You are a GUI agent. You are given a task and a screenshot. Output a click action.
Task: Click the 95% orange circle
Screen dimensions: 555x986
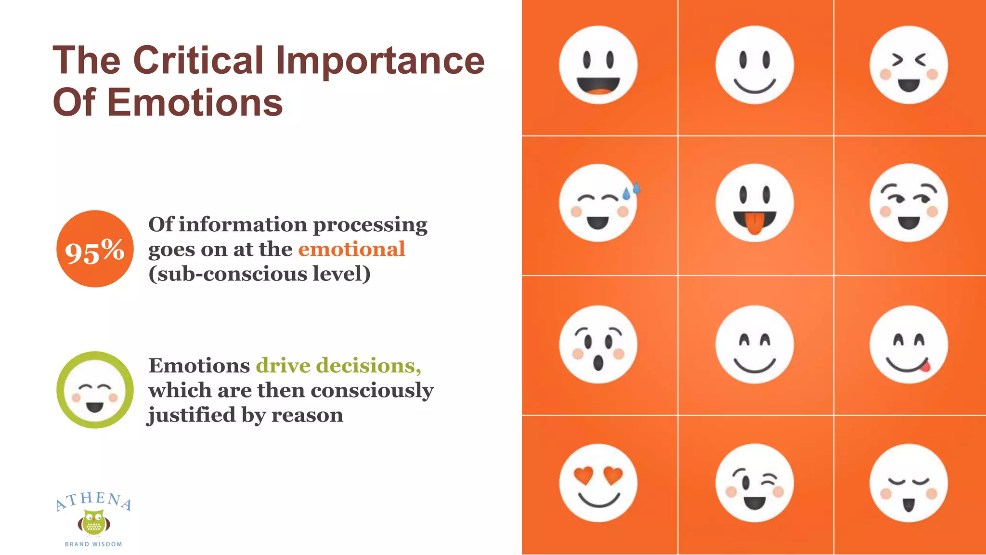click(95, 249)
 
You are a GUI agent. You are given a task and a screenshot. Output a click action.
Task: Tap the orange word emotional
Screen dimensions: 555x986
click(351, 250)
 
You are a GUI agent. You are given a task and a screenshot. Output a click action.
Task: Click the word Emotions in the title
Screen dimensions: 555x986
click(195, 103)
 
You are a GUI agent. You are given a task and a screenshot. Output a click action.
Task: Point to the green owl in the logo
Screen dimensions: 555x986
click(94, 523)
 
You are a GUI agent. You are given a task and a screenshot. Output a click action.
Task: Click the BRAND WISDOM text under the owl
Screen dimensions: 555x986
click(93, 544)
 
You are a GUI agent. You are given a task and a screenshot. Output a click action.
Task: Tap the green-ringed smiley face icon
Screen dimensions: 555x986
click(95, 390)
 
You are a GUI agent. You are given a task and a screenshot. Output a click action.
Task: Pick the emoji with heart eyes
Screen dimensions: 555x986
click(598, 483)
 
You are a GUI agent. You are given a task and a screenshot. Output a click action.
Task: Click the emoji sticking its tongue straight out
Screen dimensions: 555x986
click(754, 203)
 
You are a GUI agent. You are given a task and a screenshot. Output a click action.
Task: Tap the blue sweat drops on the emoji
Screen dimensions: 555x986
click(631, 191)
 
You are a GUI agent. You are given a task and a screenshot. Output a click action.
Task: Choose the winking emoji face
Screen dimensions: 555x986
click(754, 483)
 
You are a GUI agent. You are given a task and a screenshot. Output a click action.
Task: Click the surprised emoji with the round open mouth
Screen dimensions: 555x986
click(598, 344)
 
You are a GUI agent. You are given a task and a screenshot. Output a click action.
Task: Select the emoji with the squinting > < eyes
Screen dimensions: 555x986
click(908, 65)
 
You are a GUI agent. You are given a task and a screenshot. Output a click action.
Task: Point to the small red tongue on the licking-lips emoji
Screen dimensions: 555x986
click(925, 367)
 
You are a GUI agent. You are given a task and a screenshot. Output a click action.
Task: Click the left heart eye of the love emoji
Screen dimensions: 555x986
click(584, 476)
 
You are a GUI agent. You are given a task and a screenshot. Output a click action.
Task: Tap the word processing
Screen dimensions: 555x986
click(370, 225)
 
